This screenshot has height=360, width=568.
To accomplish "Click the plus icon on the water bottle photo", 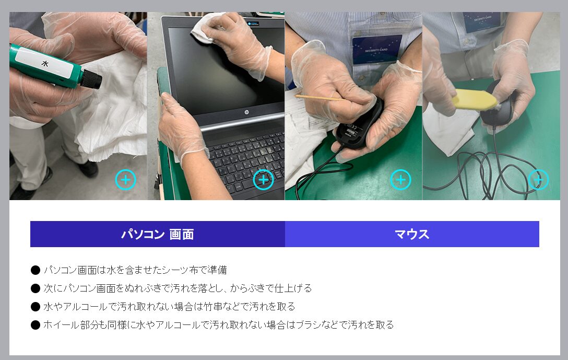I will pos(125,180).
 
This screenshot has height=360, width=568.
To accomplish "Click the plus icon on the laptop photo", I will pos(263,180).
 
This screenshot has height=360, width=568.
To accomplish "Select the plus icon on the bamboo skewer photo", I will pos(400,180).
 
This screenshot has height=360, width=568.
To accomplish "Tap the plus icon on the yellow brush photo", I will pos(538,180).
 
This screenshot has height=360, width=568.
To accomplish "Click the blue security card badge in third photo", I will pos(377,49).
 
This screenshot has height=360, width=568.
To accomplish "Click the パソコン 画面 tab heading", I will pos(157,234).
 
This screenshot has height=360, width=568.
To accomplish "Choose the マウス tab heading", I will pos(412,234).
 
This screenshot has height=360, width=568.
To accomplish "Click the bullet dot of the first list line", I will pos(35,270).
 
